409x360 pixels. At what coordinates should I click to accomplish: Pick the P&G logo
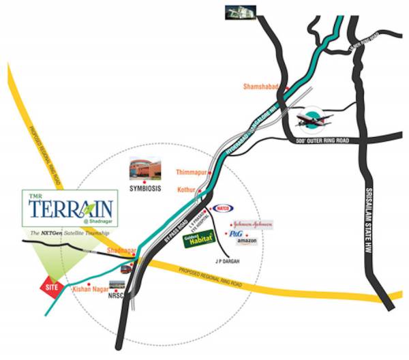236,233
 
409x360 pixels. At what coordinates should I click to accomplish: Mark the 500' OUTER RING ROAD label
327,140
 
